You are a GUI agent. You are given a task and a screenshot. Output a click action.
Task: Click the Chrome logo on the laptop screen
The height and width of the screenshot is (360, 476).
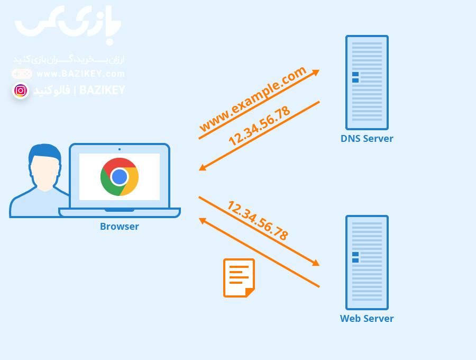[x=120, y=177]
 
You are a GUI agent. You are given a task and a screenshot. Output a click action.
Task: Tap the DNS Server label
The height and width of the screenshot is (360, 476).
[x=367, y=139]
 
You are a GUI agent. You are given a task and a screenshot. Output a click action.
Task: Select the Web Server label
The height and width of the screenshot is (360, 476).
[x=367, y=319]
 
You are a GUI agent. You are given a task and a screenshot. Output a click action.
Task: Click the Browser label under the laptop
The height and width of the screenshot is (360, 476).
[x=120, y=227]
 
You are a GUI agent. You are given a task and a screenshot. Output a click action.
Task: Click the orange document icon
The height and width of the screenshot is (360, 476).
[x=239, y=278]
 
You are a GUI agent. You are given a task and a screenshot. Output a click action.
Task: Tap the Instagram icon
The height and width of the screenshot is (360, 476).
[x=21, y=91]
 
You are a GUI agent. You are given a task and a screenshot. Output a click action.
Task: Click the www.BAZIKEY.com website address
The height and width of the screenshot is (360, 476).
[x=80, y=74]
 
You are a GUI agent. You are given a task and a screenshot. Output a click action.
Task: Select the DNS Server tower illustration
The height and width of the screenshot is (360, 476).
[x=367, y=83]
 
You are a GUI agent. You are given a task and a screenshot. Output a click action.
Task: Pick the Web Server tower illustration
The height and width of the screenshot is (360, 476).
[x=367, y=263]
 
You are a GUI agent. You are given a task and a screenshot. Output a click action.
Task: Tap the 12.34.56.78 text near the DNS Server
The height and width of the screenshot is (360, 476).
[x=259, y=126]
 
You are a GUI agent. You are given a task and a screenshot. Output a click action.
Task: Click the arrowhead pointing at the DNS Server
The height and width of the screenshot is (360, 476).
[x=316, y=73]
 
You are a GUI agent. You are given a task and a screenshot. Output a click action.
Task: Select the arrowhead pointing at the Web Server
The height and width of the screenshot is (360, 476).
[x=316, y=263]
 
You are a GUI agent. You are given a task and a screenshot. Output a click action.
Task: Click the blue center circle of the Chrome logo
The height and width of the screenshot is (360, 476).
[x=120, y=177]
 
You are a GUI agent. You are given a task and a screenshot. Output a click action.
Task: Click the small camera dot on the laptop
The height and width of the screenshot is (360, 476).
[x=120, y=149]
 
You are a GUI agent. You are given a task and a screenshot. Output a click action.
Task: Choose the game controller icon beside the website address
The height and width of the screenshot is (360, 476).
[x=22, y=74]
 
